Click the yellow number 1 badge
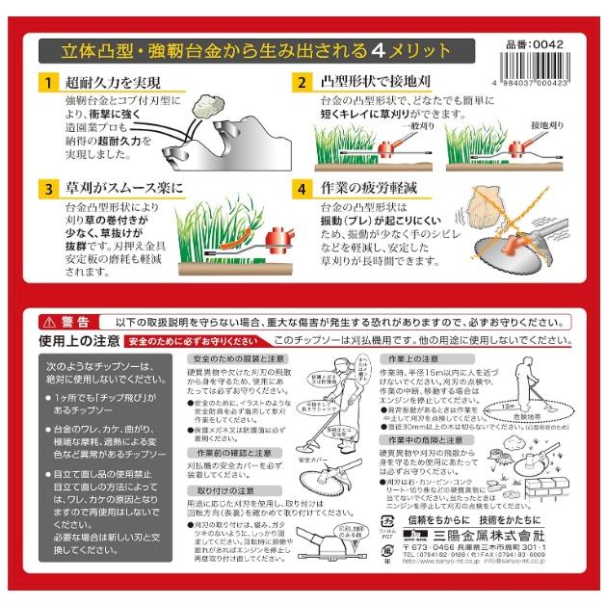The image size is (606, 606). coord(45,83)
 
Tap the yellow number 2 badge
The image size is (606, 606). coord(301,83)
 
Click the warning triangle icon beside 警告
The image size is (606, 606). coord(48,322)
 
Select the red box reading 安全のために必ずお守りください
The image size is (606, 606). coord(194,341)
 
